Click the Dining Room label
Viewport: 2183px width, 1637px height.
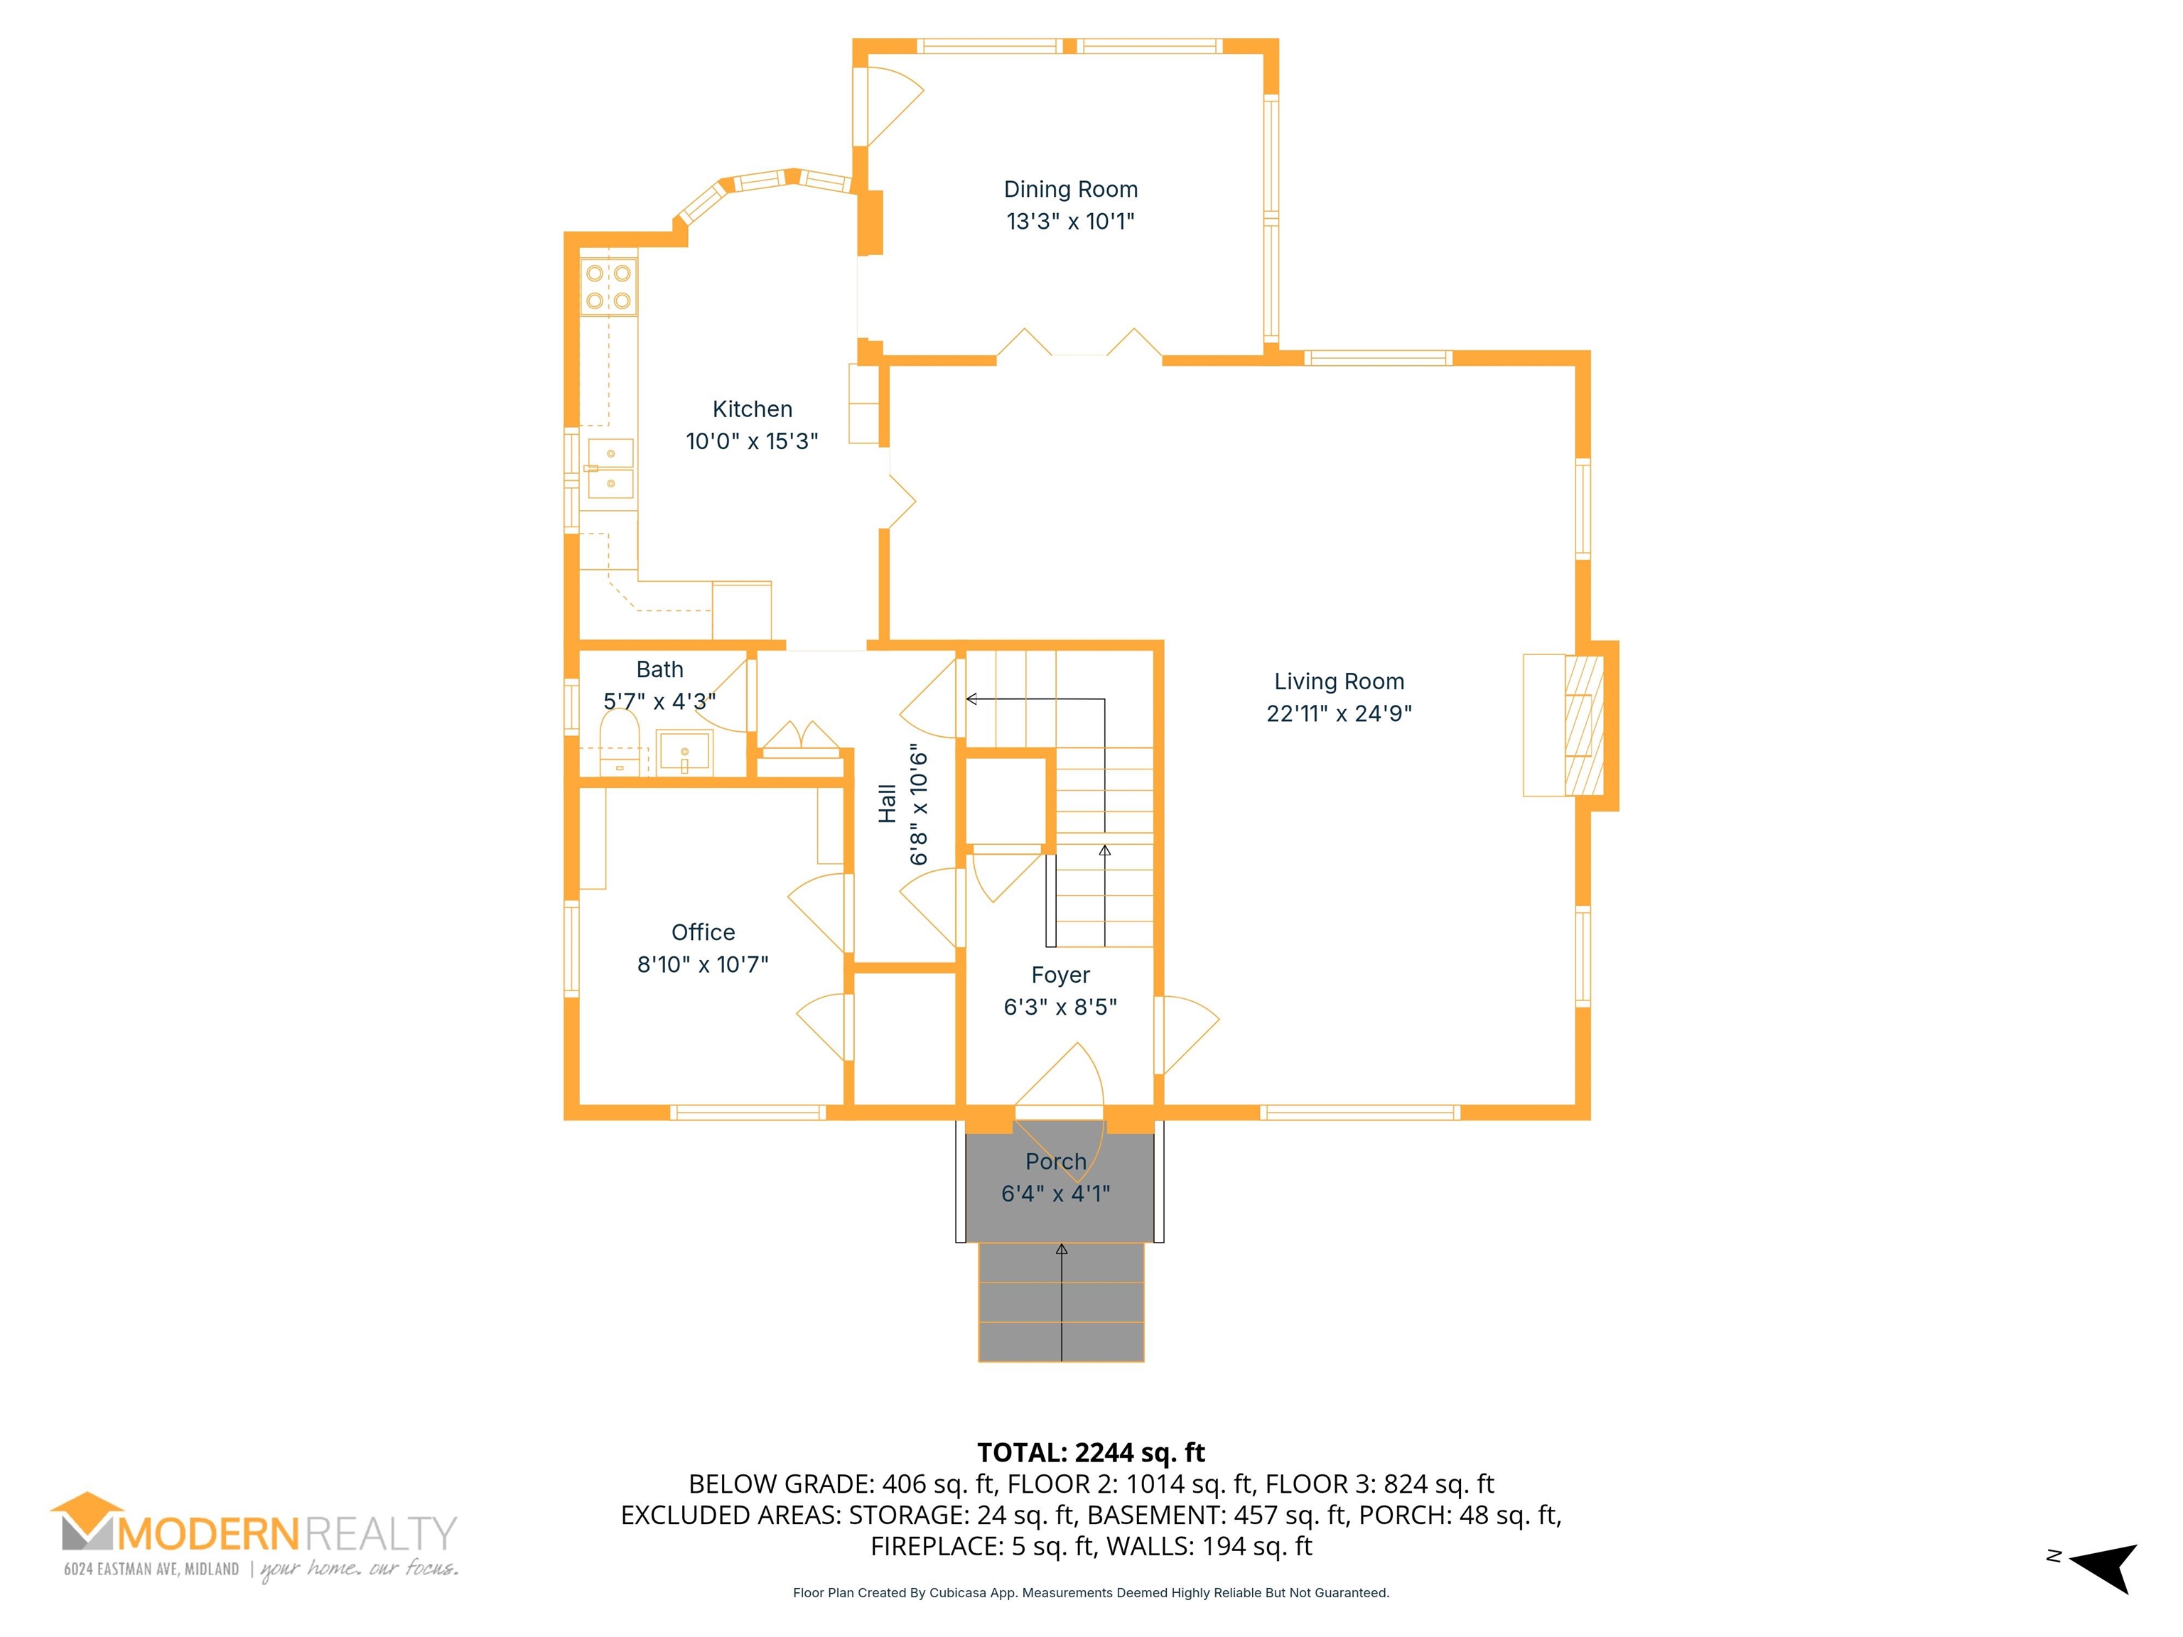(1071, 190)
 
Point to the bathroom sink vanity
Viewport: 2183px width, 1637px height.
(684, 753)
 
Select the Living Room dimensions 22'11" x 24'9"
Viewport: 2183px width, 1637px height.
(1340, 713)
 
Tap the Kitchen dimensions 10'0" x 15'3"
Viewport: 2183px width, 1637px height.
(752, 441)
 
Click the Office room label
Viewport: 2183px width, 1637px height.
(703, 932)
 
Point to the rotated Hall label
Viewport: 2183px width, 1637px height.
(888, 804)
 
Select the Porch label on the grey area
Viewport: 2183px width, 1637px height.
(1056, 1162)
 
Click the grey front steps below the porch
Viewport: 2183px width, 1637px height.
(1061, 1302)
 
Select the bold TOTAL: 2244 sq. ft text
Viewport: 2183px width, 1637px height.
(1091, 1452)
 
